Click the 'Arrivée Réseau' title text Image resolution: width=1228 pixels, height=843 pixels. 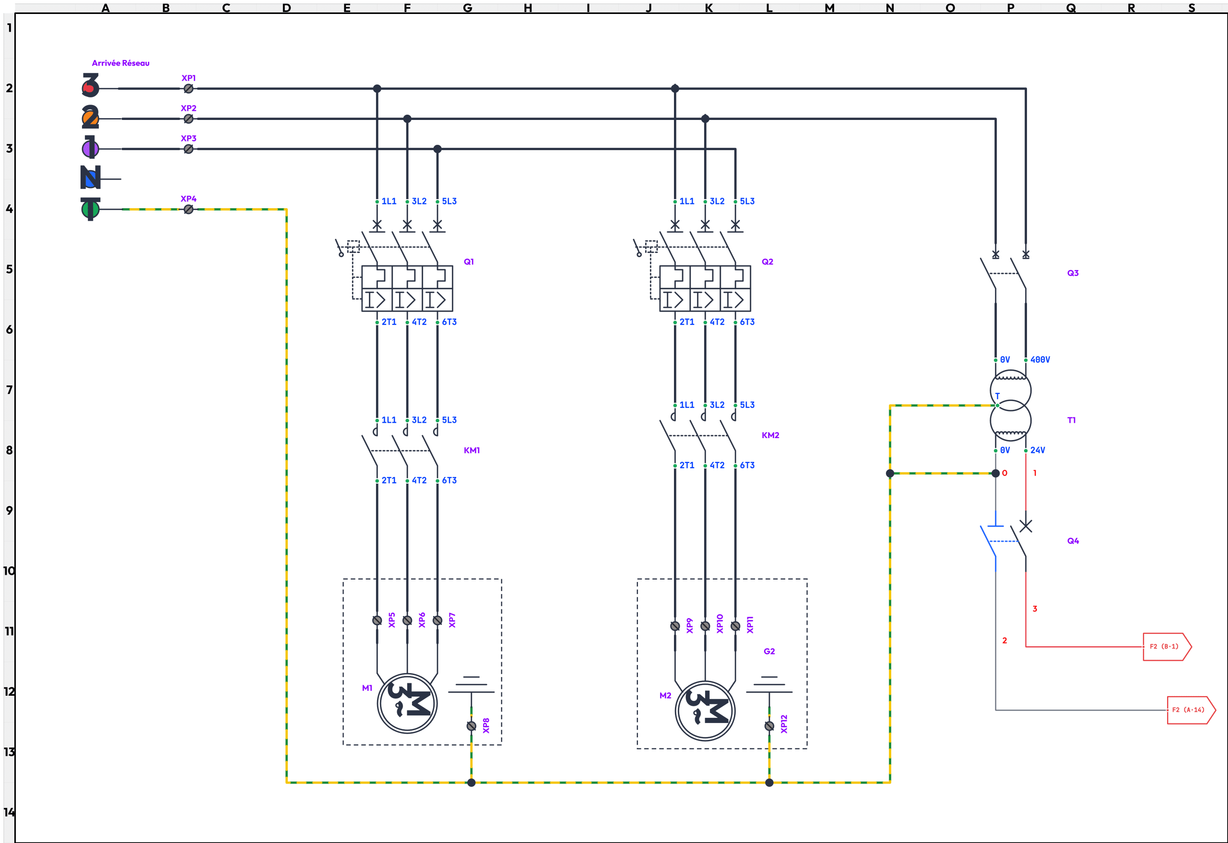120,63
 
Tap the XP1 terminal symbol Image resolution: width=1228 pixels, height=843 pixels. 189,89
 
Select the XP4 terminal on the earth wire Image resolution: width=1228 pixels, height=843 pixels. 189,209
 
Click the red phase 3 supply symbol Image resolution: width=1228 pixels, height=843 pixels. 90,85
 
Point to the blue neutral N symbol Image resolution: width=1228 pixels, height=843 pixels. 90,178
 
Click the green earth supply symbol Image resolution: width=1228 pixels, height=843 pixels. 90,209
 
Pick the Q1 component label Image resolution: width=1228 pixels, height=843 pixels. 469,261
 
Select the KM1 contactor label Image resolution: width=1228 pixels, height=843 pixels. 472,451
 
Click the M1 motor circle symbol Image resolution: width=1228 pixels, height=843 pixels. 407,703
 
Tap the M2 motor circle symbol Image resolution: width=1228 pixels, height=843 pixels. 705,711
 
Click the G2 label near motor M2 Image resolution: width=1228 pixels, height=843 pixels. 769,651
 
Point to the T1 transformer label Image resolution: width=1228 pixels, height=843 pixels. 1071,420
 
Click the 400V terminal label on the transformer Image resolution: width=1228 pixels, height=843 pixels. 1040,359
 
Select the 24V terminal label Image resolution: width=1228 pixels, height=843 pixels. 1037,451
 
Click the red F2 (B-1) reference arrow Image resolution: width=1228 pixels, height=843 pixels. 1166,646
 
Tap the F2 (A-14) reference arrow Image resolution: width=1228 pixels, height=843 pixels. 1191,710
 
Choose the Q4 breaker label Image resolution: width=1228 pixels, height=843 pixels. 1073,541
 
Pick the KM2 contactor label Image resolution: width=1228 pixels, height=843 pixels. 770,435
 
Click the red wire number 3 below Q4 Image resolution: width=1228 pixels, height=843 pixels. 1035,609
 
